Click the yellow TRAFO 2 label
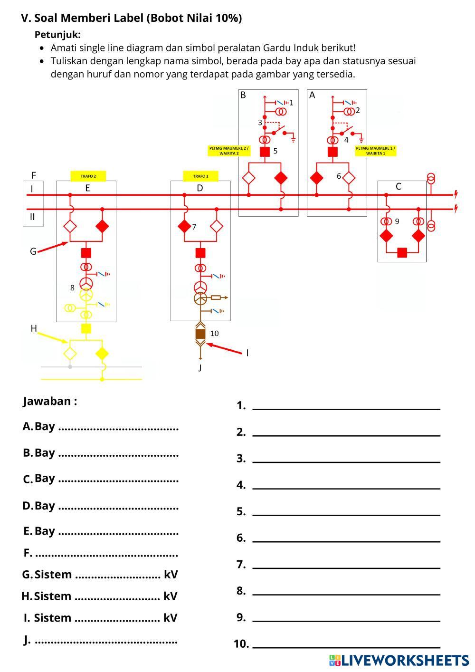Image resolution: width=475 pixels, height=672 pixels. tap(88, 176)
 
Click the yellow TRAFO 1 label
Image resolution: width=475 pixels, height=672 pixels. tap(200, 176)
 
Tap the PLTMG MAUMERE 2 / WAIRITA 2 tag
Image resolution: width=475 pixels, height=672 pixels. tap(229, 151)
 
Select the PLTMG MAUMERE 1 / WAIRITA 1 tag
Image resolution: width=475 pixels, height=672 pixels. tap(375, 151)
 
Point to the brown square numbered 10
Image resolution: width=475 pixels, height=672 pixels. tap(200, 334)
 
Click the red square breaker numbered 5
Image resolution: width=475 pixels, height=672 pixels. tap(265, 152)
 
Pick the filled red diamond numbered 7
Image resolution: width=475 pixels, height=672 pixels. tap(184, 227)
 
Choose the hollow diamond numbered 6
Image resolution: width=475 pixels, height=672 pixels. tap(349, 178)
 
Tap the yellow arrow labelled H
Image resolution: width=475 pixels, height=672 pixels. tap(52, 337)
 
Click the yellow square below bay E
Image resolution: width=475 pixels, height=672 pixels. tap(86, 328)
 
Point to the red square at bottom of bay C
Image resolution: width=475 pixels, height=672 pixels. tap(402, 252)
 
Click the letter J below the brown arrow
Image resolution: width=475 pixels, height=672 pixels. tap(200, 367)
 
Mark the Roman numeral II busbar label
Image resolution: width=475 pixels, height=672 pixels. tap(32, 217)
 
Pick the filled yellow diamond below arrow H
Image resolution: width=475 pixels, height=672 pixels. tap(102, 353)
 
